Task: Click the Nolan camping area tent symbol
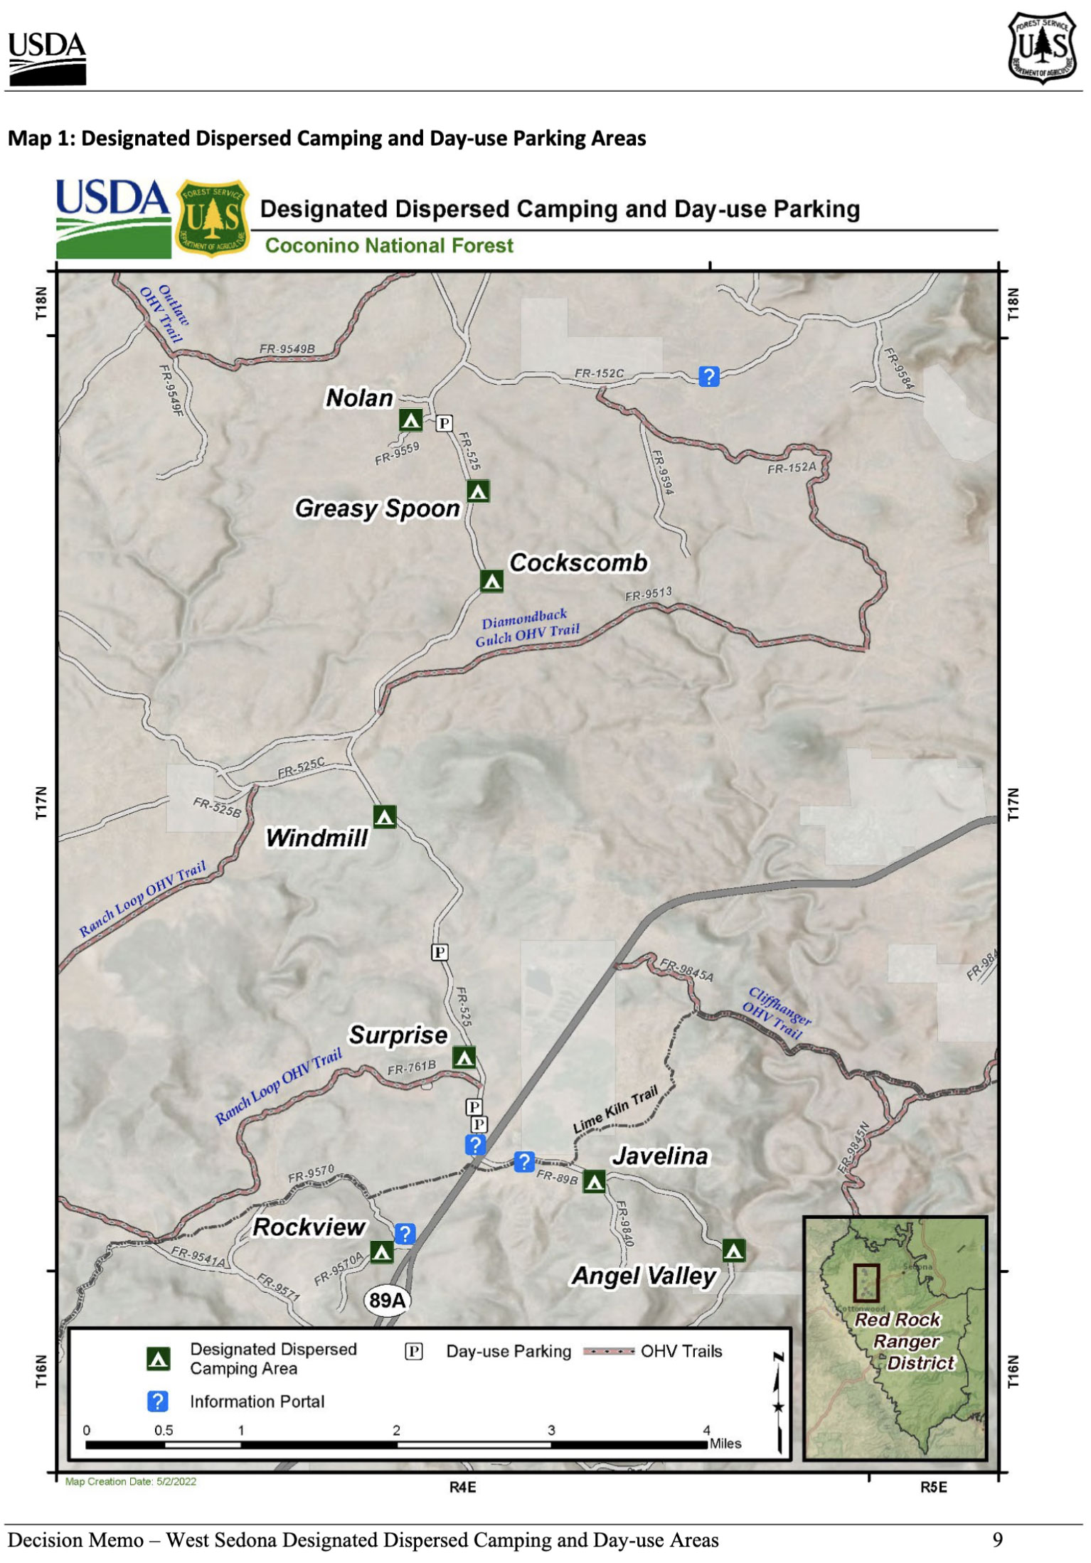point(410,420)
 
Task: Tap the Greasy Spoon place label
point(378,509)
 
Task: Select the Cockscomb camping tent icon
point(491,581)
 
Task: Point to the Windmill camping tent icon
point(385,816)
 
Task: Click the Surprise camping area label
point(398,1035)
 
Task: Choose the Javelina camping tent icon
point(595,1182)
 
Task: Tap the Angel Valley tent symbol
point(734,1250)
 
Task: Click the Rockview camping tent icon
point(382,1252)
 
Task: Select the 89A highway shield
point(388,1301)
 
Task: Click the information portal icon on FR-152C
point(709,376)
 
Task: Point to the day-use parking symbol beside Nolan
point(445,423)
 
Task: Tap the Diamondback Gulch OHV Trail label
point(527,627)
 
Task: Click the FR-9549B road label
point(287,349)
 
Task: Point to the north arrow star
point(779,1407)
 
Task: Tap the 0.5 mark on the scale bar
point(164,1430)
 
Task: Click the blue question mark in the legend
point(158,1401)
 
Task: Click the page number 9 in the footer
point(998,1540)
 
